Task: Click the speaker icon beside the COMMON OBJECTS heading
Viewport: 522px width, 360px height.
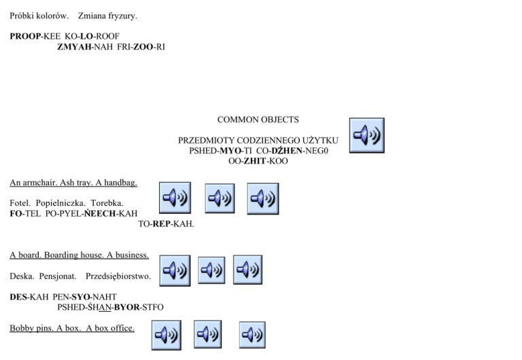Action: point(366,135)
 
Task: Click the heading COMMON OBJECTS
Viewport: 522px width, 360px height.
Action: point(258,120)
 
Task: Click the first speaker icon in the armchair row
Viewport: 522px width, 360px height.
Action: point(175,198)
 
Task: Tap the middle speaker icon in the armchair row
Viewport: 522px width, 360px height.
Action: point(220,198)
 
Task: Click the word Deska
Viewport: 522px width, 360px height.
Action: point(21,276)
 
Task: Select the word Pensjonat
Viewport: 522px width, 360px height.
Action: point(58,276)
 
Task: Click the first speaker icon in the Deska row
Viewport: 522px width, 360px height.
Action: point(175,270)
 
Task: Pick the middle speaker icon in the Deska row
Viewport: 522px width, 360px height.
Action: point(211,270)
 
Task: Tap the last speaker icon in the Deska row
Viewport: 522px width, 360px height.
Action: point(248,270)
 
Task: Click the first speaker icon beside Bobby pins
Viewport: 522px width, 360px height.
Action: point(166,335)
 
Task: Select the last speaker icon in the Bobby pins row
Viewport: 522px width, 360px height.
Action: point(252,335)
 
